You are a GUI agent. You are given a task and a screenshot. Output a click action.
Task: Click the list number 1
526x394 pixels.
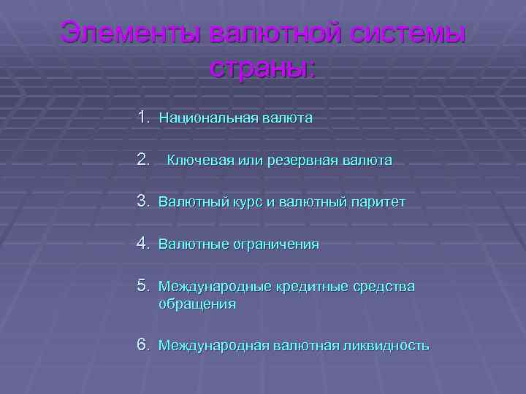(x=142, y=117)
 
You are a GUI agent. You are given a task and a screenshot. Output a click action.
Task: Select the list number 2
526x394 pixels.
(x=142, y=158)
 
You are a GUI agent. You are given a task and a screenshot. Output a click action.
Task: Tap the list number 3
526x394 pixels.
(x=142, y=201)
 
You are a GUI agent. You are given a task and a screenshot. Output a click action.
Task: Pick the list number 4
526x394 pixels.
(x=142, y=243)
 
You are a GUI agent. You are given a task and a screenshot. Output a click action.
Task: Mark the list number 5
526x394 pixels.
(x=142, y=285)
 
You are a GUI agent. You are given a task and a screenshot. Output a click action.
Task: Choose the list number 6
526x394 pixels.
(x=142, y=344)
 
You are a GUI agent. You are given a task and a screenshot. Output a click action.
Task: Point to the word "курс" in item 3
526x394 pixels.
(x=246, y=202)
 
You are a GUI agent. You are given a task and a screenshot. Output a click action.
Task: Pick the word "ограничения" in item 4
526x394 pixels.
(x=276, y=244)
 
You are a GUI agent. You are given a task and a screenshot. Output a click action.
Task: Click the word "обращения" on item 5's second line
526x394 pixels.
(x=197, y=304)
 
